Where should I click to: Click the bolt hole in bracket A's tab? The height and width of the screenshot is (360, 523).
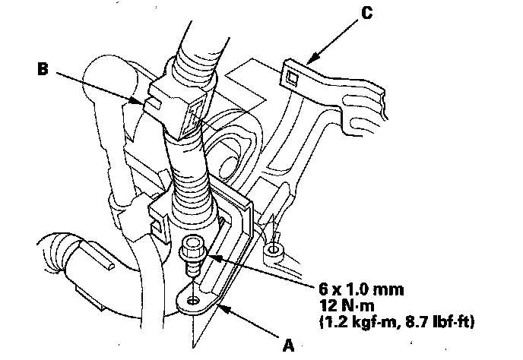coord(195,302)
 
